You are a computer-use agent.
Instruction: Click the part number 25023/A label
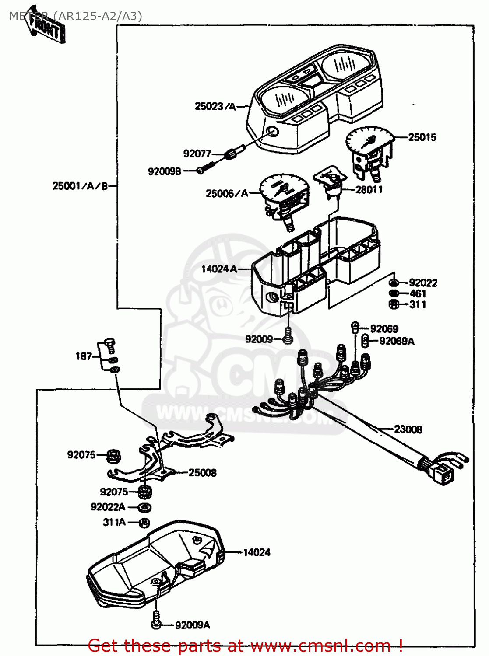coord(215,106)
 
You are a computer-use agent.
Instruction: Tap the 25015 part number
coord(422,137)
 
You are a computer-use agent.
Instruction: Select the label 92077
coord(197,154)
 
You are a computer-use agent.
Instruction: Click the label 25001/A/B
coord(80,186)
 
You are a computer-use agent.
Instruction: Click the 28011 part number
coord(369,190)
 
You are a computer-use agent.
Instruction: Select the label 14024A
coord(219,269)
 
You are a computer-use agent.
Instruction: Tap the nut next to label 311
coord(393,304)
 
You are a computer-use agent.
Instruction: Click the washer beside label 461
coord(393,293)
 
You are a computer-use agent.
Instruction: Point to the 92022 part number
coord(423,283)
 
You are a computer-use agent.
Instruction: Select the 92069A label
coord(397,341)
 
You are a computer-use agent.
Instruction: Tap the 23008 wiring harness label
coord(408,429)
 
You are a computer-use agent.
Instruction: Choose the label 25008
coord(202,473)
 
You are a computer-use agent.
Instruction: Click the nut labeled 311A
coord(144,523)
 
